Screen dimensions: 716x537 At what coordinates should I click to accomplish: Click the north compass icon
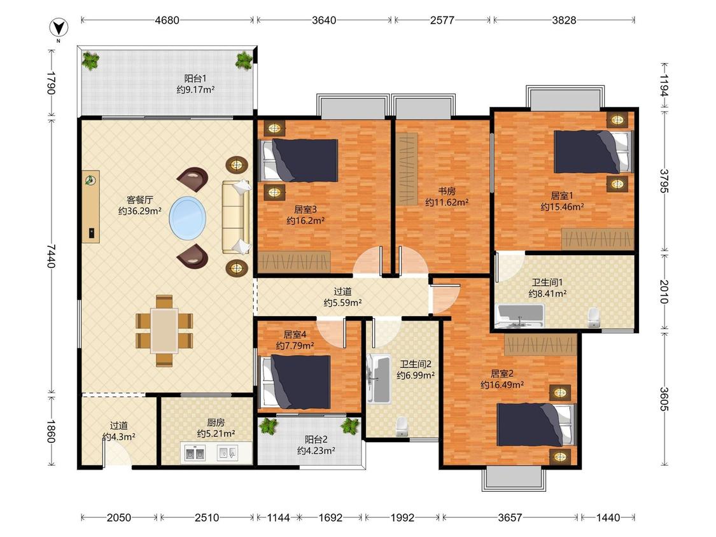pos(59,29)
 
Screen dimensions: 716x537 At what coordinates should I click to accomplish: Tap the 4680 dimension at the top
pos(167,20)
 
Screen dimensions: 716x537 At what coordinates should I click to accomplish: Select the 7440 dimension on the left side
pos(51,256)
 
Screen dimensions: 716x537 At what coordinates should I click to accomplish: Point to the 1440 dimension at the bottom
pos(608,517)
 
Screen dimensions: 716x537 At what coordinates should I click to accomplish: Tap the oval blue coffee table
pos(187,218)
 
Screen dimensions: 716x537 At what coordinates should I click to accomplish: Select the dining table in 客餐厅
pos(164,330)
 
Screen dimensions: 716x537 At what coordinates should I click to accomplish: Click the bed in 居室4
pos(296,382)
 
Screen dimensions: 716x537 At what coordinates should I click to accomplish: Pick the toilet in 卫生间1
pos(594,317)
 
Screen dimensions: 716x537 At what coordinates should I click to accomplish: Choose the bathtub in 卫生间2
pos(379,379)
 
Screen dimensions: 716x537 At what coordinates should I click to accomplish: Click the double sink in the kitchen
pos(195,454)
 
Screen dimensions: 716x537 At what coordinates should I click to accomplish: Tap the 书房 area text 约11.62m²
pos(447,202)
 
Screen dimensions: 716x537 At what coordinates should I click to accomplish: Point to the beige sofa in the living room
pos(235,217)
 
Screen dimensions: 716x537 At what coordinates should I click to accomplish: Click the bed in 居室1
pos(593,151)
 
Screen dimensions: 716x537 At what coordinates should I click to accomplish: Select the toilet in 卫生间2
pos(402,426)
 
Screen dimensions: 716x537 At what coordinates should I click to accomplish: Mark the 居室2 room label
pos(502,373)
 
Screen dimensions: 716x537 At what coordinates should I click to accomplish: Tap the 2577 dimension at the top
pos(442,20)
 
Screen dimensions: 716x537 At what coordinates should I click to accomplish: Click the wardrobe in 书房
pos(407,169)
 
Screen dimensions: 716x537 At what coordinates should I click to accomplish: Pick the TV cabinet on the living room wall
pos(91,207)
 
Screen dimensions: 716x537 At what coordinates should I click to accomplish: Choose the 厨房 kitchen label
pos(216,423)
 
